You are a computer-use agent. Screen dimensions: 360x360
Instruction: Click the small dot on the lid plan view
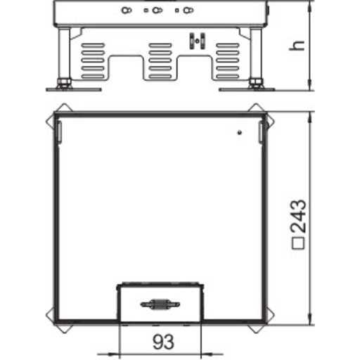coord(240,131)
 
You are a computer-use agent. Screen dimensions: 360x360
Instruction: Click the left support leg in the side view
coord(65,56)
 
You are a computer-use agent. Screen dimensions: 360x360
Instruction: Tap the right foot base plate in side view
coord(247,89)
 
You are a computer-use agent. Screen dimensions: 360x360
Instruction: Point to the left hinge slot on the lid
coord(59,131)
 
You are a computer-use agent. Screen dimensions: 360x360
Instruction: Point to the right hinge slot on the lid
coord(258,131)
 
